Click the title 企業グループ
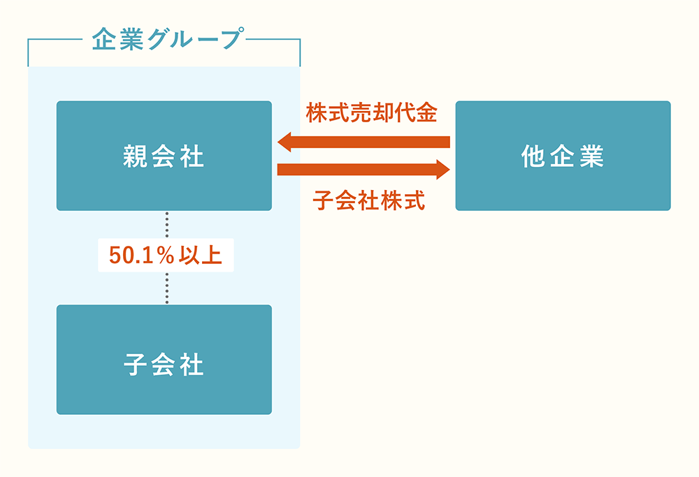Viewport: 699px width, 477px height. coord(165,39)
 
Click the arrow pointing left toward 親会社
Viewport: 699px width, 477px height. coord(370,142)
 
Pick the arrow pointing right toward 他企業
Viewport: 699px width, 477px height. coord(356,169)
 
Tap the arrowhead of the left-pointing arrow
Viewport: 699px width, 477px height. coord(285,142)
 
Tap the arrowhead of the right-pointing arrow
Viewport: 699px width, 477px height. coord(441,169)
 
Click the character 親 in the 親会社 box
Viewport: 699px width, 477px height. coord(133,156)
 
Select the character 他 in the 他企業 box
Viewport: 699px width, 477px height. coord(533,156)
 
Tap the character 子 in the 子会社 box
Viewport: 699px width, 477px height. coord(133,365)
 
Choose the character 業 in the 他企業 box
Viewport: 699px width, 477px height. coord(592,156)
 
